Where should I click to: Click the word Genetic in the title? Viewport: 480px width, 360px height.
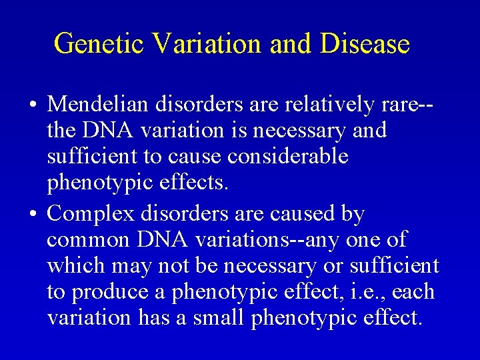(x=99, y=44)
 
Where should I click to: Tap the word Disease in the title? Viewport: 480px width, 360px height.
(x=365, y=44)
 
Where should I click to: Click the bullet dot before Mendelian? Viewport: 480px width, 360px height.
(x=33, y=105)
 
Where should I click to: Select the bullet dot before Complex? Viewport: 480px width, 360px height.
(x=33, y=215)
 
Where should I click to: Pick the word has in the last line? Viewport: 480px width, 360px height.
(x=153, y=318)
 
